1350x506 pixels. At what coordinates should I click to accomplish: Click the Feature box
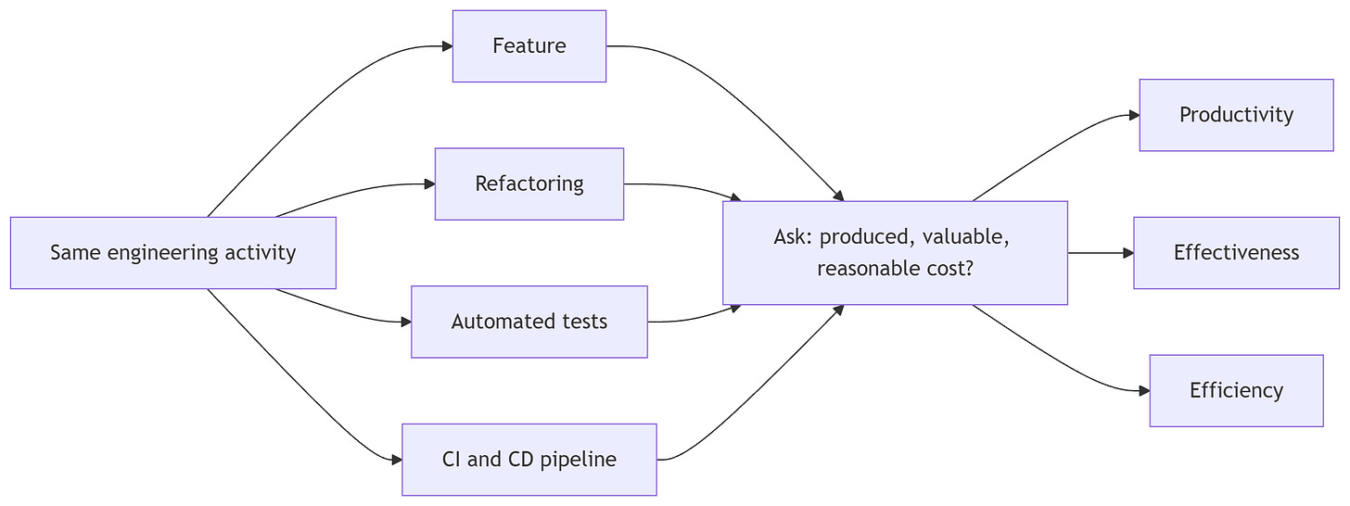pyautogui.click(x=529, y=45)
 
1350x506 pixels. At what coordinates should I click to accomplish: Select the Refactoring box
pyautogui.click(x=529, y=183)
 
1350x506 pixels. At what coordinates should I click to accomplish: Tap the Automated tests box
pyautogui.click(x=529, y=322)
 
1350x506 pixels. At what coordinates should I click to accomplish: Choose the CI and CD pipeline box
pyautogui.click(x=529, y=460)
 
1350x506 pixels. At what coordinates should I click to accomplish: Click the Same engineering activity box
pyautogui.click(x=173, y=253)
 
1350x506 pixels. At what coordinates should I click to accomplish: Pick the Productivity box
pyautogui.click(x=1236, y=115)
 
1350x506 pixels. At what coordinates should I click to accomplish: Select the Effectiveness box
pyautogui.click(x=1236, y=253)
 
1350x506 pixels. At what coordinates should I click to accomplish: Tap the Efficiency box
pyautogui.click(x=1236, y=391)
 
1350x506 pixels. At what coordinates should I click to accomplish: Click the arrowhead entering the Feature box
pyautogui.click(x=447, y=46)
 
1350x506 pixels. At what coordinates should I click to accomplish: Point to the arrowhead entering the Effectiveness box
pyautogui.click(x=1128, y=253)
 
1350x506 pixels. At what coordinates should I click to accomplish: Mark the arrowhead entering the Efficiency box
pyautogui.click(x=1144, y=391)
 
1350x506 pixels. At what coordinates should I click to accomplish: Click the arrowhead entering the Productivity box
pyautogui.click(x=1134, y=115)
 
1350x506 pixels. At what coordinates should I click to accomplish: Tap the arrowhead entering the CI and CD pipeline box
pyautogui.click(x=397, y=461)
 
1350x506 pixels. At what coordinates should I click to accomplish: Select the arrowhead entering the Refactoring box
pyautogui.click(x=429, y=184)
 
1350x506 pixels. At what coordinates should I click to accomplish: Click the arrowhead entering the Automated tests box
pyautogui.click(x=405, y=323)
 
